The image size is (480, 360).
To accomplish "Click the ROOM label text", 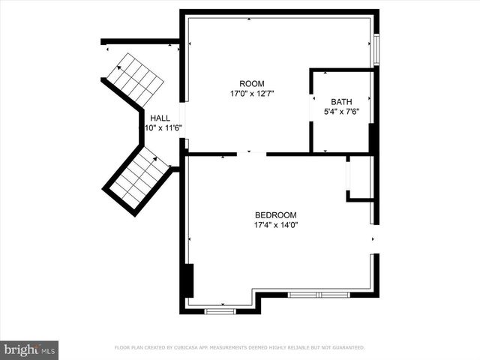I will point(251,83).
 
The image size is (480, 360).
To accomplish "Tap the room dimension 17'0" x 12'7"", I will point(252,94).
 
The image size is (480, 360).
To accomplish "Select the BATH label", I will point(341,102).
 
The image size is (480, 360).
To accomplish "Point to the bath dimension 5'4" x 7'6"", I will point(342,112).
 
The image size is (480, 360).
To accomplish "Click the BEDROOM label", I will point(276,214).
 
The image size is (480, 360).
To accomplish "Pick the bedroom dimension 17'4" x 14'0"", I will point(276,224).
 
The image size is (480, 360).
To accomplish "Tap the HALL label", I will point(160,118).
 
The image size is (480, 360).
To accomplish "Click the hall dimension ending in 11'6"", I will point(163,128).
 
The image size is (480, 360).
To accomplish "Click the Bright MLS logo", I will point(29,349).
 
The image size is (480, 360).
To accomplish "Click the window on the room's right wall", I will point(377,49).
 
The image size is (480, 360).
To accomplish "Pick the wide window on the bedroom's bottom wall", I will point(319,295).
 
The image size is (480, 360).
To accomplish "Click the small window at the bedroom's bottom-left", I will point(220,310).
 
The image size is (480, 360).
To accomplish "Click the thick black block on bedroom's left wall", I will point(190,280).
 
